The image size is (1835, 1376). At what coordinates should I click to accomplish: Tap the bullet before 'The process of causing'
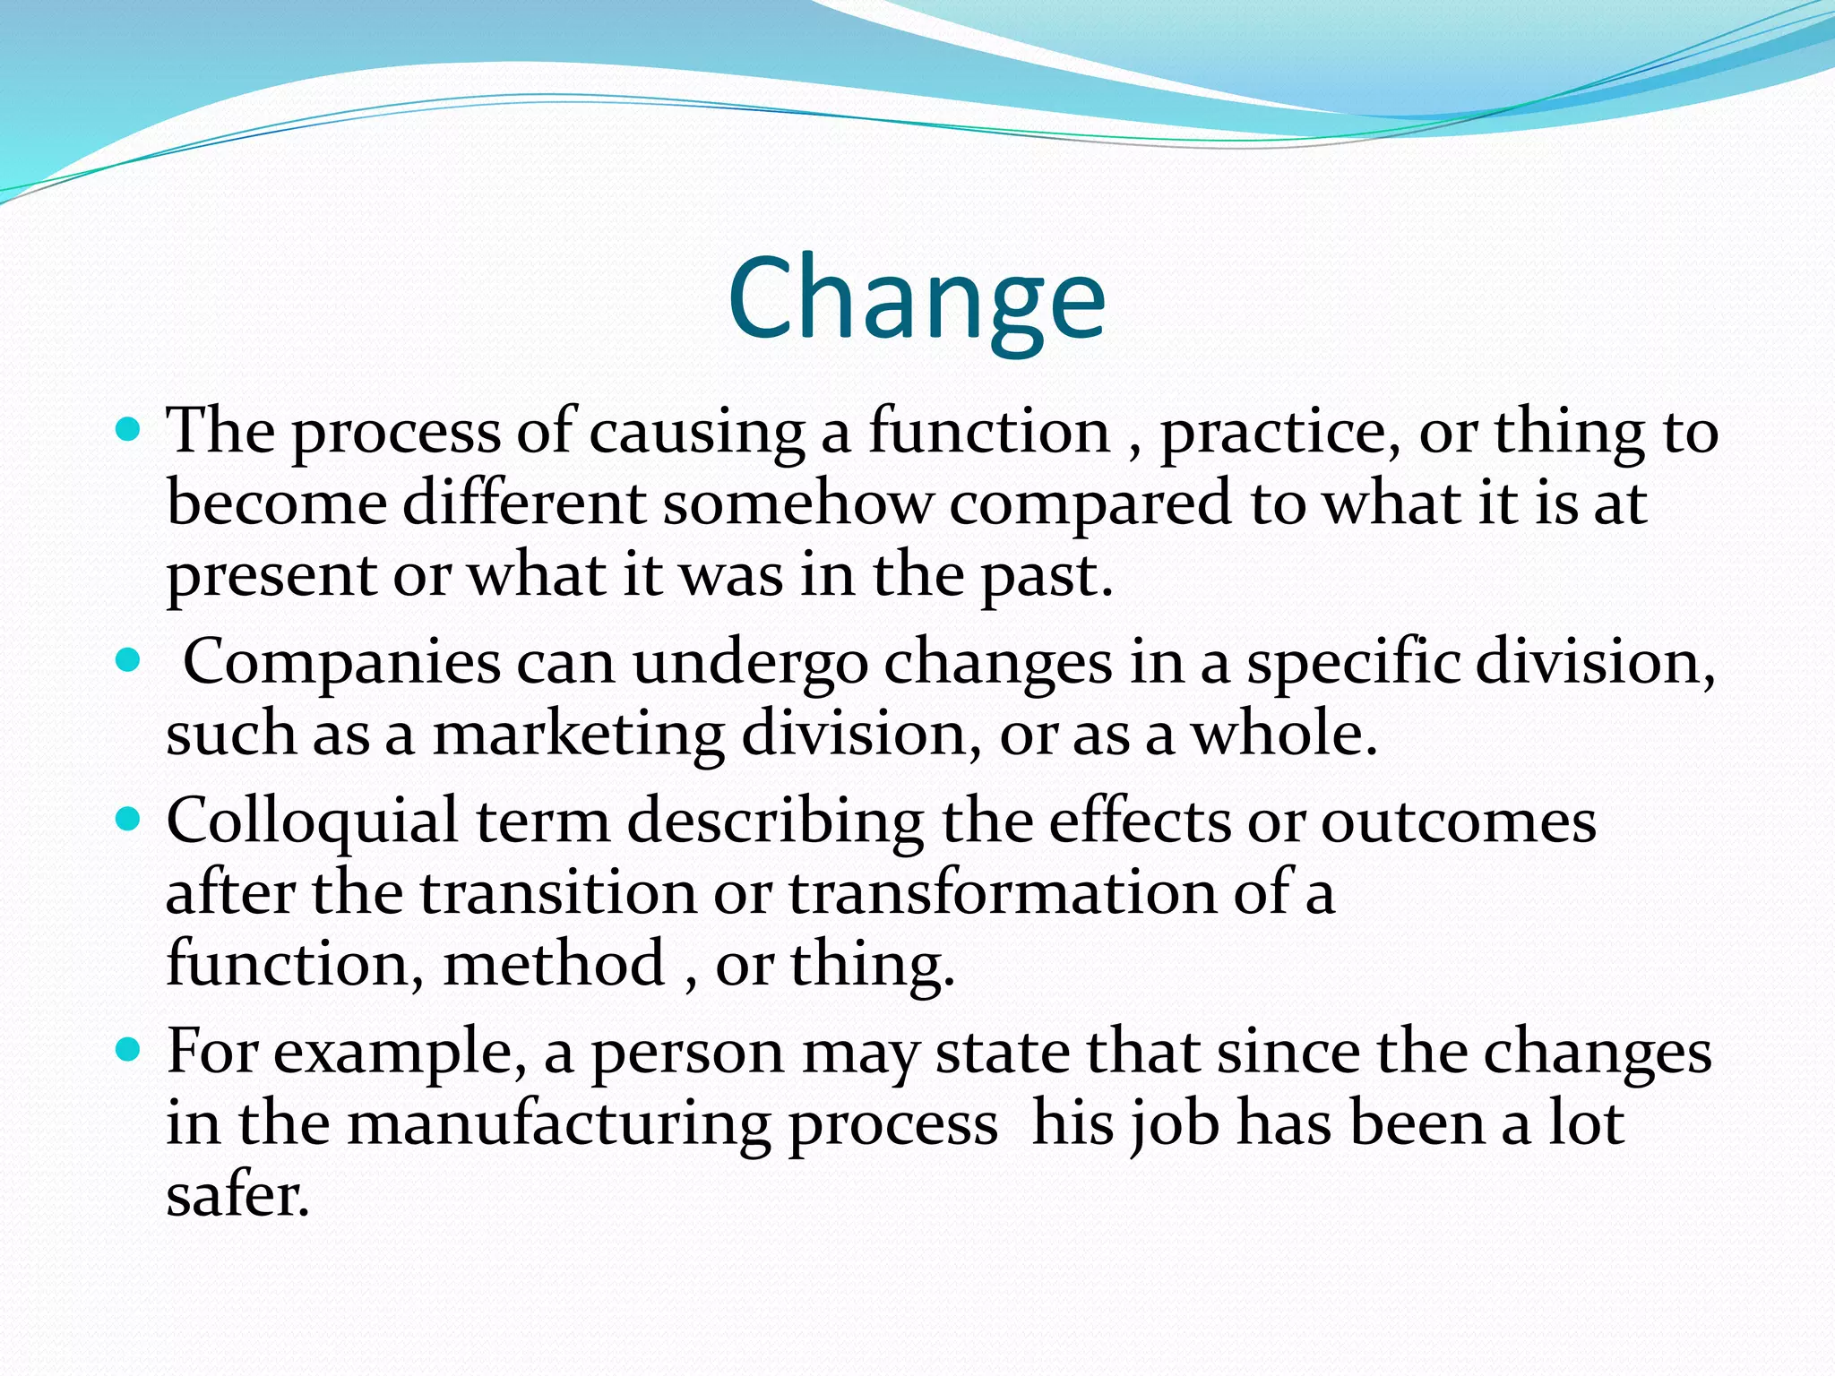tap(129, 431)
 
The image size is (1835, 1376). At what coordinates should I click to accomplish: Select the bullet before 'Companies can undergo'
tap(129, 662)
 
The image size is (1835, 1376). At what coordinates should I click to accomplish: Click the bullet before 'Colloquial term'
tap(129, 820)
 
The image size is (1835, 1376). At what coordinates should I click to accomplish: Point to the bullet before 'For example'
tap(129, 1049)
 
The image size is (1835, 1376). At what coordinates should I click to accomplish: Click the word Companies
tap(341, 664)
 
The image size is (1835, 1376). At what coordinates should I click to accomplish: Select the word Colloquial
tap(312, 821)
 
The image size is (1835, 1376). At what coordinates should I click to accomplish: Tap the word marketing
tap(578, 735)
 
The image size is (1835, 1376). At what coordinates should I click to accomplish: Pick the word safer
tap(237, 1195)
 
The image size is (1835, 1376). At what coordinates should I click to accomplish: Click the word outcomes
tap(1458, 821)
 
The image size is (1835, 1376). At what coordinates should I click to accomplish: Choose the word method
tap(554, 964)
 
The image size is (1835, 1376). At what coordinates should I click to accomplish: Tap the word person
tap(687, 1053)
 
